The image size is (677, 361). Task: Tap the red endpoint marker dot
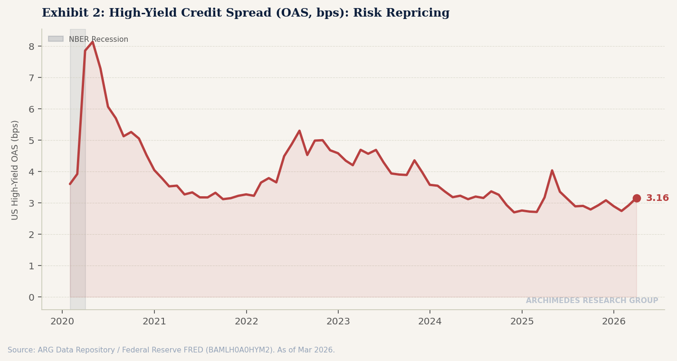click(636, 198)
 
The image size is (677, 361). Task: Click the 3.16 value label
click(657, 198)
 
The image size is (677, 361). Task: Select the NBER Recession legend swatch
click(56, 39)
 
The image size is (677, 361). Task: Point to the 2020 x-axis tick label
click(62, 322)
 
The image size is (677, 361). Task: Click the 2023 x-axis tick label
click(338, 322)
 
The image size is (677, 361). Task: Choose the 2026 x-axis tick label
click(613, 322)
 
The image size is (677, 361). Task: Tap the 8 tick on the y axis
click(31, 47)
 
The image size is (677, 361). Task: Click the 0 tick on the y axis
click(31, 297)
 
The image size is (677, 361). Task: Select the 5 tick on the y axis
click(31, 141)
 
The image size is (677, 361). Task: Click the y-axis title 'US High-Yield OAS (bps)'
click(15, 170)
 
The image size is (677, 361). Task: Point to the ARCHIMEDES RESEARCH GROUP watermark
click(591, 301)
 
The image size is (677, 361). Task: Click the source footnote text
click(171, 350)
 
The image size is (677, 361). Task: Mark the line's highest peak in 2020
click(93, 42)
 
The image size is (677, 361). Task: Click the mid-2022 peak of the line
click(299, 131)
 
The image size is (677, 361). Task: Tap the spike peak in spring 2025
click(552, 170)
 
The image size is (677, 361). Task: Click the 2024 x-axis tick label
click(429, 322)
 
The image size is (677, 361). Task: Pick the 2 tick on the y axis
click(31, 235)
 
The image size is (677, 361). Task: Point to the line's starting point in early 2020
click(70, 184)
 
